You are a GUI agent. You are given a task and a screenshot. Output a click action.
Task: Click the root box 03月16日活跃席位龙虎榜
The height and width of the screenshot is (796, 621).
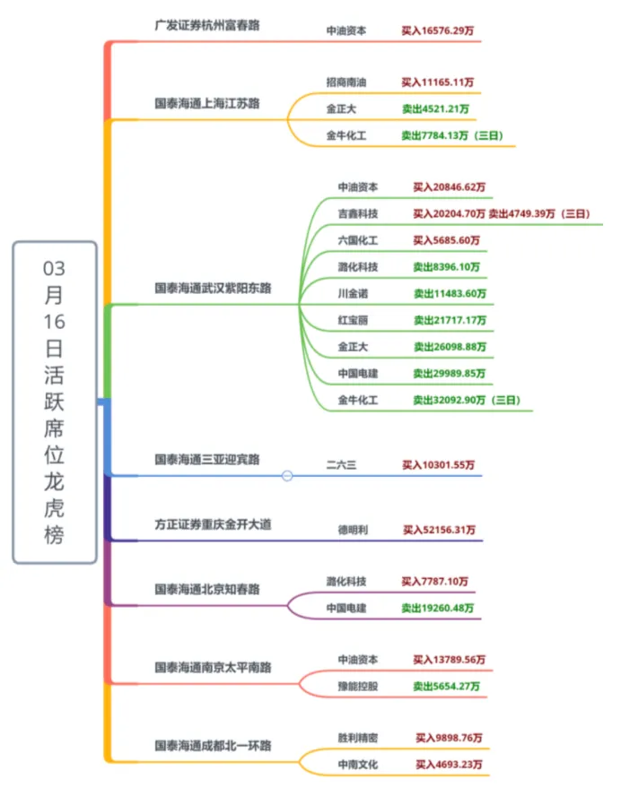tap(54, 402)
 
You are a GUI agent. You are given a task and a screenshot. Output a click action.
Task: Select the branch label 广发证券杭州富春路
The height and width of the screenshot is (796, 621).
tap(206, 24)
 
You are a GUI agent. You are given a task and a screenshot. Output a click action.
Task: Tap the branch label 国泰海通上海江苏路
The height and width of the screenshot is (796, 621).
tap(206, 103)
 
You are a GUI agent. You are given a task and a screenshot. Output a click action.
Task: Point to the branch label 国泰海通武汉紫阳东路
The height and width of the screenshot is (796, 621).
tap(213, 289)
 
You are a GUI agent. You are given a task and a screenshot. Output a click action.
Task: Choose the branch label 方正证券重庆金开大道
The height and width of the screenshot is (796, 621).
tap(213, 524)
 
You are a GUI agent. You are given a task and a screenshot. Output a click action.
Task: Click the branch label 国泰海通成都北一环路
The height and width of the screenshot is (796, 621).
tap(213, 745)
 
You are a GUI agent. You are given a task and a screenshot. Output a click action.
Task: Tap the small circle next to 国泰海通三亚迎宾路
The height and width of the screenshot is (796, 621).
tap(287, 476)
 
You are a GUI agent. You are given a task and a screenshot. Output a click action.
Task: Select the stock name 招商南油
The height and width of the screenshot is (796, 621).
tap(345, 82)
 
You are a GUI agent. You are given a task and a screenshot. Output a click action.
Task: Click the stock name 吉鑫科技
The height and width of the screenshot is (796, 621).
tap(358, 213)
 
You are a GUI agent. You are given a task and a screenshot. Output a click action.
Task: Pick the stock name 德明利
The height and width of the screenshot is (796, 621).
tap(352, 530)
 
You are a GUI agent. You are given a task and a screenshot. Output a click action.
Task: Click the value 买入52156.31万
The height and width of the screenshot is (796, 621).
tap(439, 530)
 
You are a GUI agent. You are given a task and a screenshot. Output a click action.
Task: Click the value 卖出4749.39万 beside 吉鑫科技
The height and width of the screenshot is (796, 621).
tap(525, 213)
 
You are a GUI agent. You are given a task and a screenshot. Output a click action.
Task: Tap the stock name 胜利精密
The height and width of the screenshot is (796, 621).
tap(358, 738)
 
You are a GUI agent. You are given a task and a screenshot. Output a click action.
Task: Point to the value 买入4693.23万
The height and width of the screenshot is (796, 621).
tap(449, 765)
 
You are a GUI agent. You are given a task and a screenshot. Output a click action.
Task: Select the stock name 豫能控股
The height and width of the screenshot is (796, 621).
tap(358, 687)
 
